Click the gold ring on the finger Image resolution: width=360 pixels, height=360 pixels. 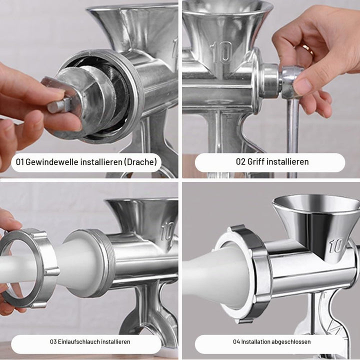tap(307, 50)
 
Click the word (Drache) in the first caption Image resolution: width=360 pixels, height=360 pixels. tap(140, 162)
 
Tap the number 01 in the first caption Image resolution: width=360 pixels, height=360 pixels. tap(19, 162)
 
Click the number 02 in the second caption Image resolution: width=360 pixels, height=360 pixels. tap(240, 161)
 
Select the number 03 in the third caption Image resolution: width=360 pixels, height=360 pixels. tap(53, 341)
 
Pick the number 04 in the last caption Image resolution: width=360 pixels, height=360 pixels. tap(236, 341)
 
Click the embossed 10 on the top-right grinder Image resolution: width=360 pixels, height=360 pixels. tap(221, 52)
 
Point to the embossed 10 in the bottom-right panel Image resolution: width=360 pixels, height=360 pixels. tap(336, 245)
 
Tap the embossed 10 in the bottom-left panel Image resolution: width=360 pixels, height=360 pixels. tap(167, 231)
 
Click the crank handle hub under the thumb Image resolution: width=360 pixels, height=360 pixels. tap(290, 81)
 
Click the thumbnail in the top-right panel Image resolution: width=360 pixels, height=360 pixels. tap(302, 85)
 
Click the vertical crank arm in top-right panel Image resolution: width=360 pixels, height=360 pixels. tap(292, 138)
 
